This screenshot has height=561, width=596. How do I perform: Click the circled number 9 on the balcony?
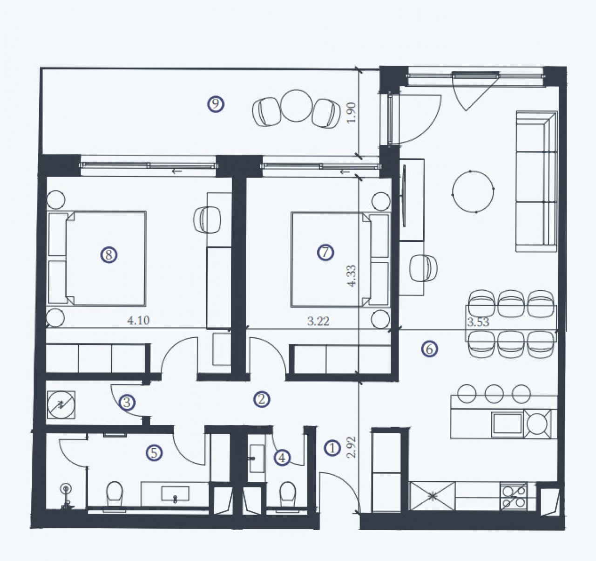tap(216, 104)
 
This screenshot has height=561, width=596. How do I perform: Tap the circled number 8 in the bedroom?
tap(108, 255)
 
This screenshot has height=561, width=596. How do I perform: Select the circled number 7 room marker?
tap(325, 253)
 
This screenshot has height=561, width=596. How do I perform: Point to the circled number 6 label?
tap(429, 349)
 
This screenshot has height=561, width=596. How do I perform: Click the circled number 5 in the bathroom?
tap(154, 453)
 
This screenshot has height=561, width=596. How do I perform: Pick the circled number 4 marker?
tap(282, 458)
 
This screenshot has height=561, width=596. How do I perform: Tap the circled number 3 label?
tap(127, 403)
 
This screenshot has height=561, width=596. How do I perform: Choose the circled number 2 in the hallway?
tap(262, 399)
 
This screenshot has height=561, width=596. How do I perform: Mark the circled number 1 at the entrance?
tap(332, 449)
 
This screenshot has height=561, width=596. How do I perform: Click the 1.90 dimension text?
tap(351, 113)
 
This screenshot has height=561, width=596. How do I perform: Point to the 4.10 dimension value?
tap(138, 321)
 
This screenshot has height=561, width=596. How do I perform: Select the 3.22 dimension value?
tap(318, 321)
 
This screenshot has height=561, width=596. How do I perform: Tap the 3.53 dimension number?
tap(478, 322)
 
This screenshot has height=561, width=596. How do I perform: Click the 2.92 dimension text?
tap(351, 447)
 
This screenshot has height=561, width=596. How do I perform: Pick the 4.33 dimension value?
tap(351, 276)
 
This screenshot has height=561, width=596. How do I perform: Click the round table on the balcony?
tap(296, 105)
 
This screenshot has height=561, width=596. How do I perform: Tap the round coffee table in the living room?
tap(473, 192)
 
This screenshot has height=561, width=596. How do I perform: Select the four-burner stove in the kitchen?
tap(514, 496)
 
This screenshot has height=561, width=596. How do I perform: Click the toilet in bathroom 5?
tap(115, 495)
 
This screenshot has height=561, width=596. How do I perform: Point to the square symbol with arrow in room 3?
tap(61, 404)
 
